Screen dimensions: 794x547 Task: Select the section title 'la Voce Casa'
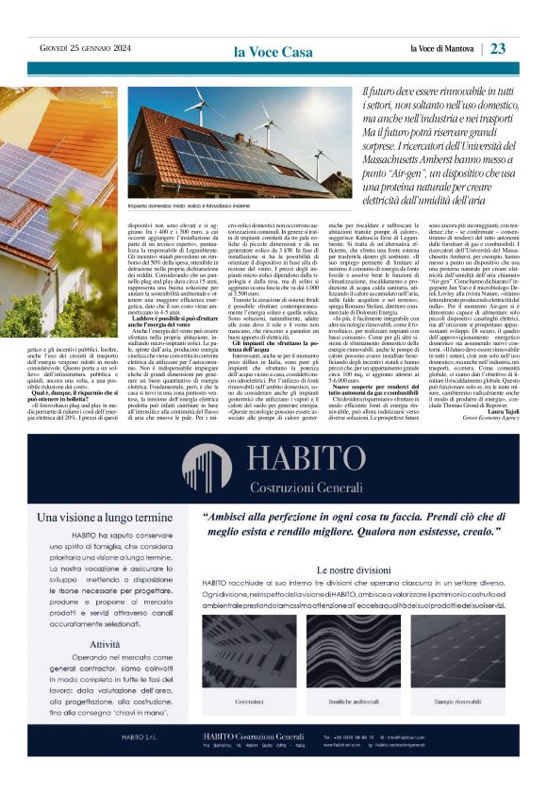click(273, 51)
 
